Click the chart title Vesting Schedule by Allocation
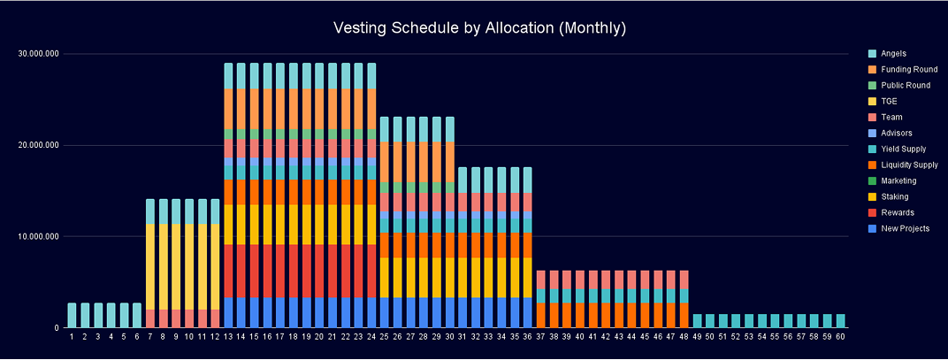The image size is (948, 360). [x=479, y=28]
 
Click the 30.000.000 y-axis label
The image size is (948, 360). [x=39, y=54]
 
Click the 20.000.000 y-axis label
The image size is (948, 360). [x=39, y=145]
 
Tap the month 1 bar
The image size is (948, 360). [x=72, y=316]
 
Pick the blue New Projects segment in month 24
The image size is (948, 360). [x=371, y=312]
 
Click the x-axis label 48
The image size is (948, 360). [x=684, y=337]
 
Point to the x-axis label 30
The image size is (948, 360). [x=449, y=337]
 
